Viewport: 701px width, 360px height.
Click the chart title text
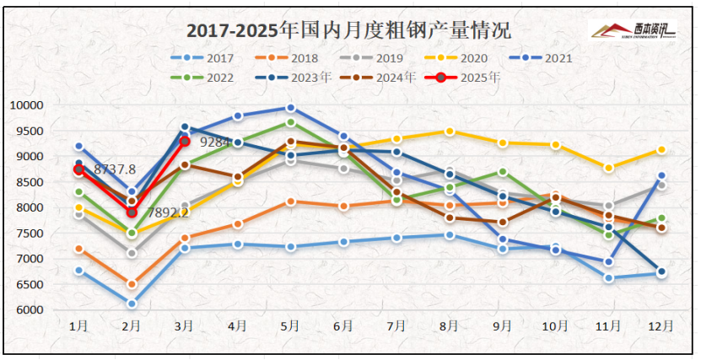tap(348, 32)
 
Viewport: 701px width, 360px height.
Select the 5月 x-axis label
tap(290, 325)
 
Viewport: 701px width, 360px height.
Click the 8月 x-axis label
tap(450, 325)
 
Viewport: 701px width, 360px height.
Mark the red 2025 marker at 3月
tap(185, 141)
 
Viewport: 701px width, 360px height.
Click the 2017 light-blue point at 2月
tap(132, 304)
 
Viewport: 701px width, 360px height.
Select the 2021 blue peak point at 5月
tap(291, 108)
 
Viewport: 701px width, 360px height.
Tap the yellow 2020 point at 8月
tap(450, 132)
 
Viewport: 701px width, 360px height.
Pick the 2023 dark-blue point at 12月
tap(661, 271)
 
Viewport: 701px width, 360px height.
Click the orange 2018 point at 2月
tap(132, 284)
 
